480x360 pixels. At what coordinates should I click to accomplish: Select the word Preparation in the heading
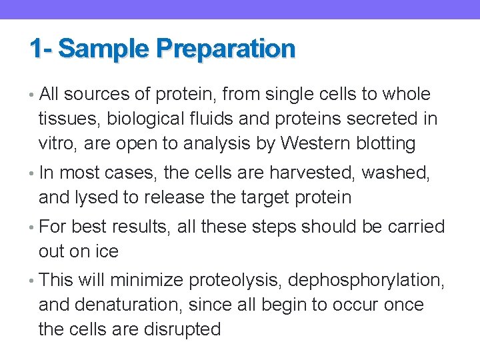pyautogui.click(x=225, y=49)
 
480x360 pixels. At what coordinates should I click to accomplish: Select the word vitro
pyautogui.click(x=58, y=143)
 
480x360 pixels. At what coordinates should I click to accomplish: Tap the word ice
pyautogui.click(x=106, y=251)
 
